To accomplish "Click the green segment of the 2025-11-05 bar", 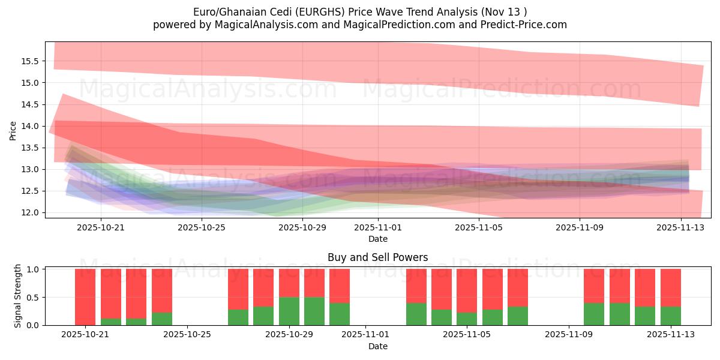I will (467, 319).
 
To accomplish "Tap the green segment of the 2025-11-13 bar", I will (670, 316).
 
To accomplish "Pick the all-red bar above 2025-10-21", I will (85, 296).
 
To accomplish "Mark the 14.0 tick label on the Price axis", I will (30, 126).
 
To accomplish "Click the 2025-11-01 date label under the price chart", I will (378, 227).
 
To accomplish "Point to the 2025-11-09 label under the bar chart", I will (567, 334).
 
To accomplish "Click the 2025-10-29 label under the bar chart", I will (289, 334).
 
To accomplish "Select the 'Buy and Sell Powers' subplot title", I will (378, 257).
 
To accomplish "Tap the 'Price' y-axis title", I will (13, 130).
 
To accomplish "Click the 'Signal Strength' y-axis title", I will (18, 296).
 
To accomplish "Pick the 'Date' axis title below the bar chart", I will (378, 346).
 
